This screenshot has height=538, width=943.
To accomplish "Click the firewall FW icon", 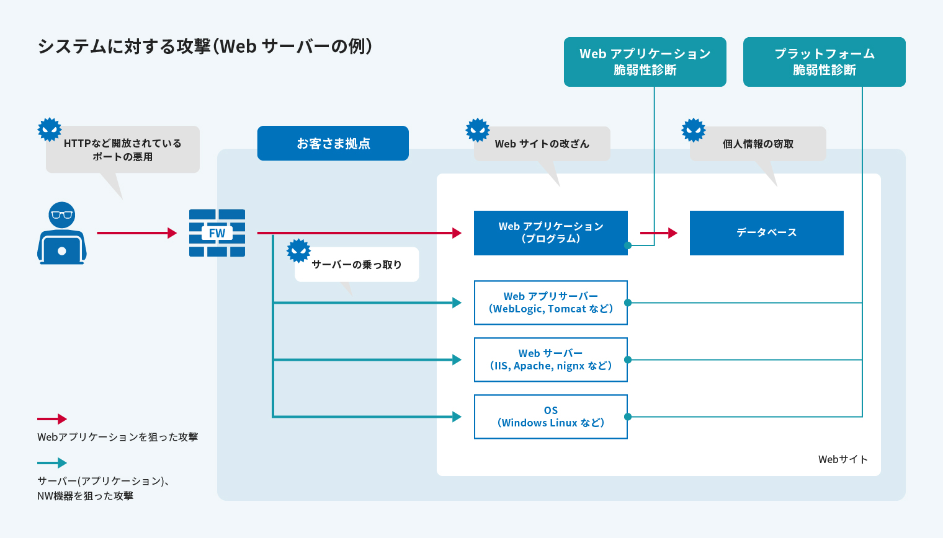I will pos(217,233).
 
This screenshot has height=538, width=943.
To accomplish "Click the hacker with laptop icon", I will pos(61,234).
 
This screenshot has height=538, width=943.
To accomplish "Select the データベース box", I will pos(766,233).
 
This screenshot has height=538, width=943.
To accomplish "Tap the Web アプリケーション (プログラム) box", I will pos(550,233).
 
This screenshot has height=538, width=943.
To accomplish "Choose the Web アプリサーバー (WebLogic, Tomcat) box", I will pos(550,302).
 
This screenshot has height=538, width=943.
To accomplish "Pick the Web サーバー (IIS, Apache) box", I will pos(550,359).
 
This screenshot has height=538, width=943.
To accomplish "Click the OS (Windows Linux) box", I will pos(550,417).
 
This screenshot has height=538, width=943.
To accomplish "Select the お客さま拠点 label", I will pos(333,143).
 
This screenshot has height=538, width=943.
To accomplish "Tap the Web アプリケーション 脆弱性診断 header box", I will pos(645,62).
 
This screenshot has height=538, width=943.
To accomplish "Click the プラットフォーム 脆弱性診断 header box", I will pos(824,62).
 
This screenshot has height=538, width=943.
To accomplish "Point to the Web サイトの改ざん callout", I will pos(542,144).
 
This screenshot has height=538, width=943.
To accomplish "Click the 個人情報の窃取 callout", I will pos(758,144).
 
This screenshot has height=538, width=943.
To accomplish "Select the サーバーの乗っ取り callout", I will pos(357,265).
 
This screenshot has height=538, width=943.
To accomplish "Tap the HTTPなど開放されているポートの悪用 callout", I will pos(123,149).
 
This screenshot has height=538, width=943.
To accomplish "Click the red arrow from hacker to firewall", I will pos(136,233).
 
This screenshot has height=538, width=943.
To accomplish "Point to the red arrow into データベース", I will pos(658,233).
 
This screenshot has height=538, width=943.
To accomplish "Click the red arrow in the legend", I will pos(52,419).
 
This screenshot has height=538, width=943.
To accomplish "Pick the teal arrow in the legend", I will pos(52,463).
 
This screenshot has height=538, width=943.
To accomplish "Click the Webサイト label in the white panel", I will pos(842,459).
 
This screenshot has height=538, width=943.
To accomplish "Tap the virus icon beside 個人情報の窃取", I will pos(694,130).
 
